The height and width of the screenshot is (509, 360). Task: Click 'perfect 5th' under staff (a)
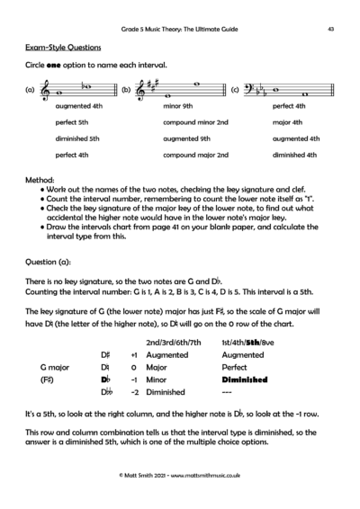[x=71, y=122]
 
